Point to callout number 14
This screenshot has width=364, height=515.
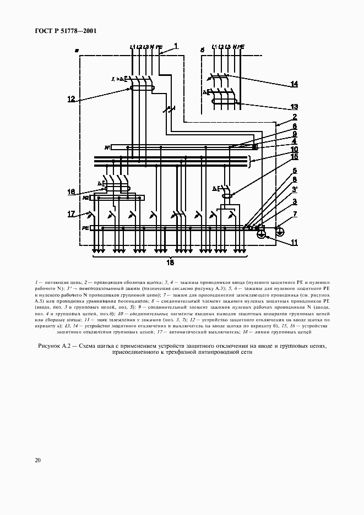[x=295, y=84]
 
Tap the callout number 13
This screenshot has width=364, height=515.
[x=295, y=107]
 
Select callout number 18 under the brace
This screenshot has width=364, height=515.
[x=170, y=263]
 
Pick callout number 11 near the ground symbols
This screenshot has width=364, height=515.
[x=295, y=242]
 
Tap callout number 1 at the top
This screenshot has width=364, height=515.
[x=176, y=46]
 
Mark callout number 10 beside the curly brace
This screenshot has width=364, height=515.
[x=295, y=149]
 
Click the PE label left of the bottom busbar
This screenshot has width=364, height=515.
[x=85, y=227]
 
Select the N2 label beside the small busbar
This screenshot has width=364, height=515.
[x=86, y=197]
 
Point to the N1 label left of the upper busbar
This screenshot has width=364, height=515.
[x=107, y=147]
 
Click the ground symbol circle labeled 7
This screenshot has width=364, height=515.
[x=280, y=232]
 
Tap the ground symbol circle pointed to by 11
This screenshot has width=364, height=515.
[x=262, y=235]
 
